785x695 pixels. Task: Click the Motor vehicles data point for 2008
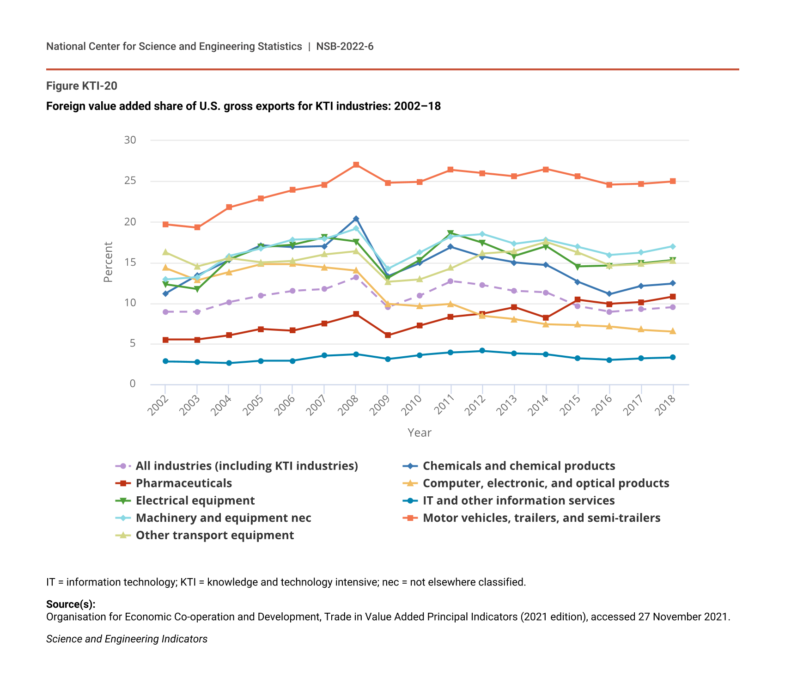coord(356,165)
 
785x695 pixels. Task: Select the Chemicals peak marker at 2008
coord(356,219)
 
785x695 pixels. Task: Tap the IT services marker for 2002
coord(165,361)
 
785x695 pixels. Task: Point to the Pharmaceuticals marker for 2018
coord(673,297)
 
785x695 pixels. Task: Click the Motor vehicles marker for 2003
coord(197,227)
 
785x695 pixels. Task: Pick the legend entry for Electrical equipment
coord(195,500)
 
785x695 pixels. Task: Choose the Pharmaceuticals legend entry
coord(183,483)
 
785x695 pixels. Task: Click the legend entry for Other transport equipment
coord(214,535)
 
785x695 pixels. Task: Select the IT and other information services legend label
coord(518,500)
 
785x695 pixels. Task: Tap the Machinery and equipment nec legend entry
coord(223,518)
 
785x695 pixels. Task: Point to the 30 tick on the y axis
coord(130,140)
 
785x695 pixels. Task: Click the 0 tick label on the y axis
coord(133,384)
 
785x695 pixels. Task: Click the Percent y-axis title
coord(108,262)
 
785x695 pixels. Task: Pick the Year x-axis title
coord(419,433)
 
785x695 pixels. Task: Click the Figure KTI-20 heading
coord(82,86)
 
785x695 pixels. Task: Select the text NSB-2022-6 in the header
coord(345,47)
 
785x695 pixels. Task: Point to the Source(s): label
coord(71,604)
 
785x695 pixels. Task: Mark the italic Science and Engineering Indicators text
coord(127,639)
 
